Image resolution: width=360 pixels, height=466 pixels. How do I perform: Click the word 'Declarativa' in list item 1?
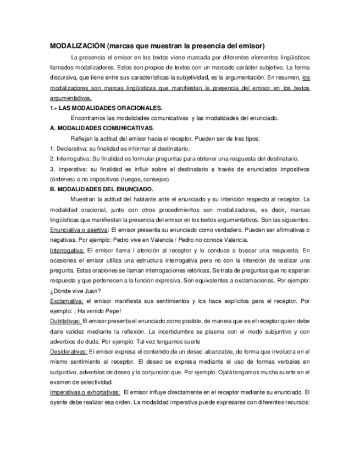tap(71, 148)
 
